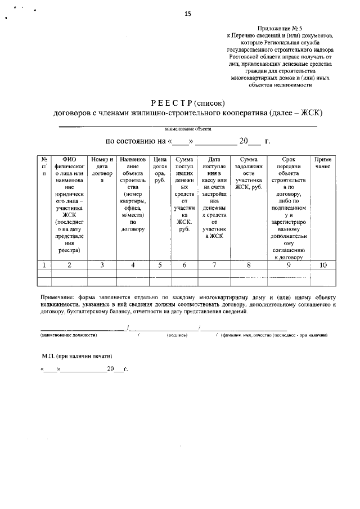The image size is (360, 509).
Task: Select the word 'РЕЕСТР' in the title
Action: coord(172,103)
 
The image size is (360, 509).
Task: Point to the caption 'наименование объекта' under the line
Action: coord(188,129)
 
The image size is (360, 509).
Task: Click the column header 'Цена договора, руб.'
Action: coord(159,170)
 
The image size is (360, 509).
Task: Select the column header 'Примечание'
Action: coord(323,163)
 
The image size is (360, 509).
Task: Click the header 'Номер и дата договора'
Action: coord(102,170)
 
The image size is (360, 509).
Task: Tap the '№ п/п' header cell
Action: coord(44,166)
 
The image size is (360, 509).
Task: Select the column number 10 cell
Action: coord(323,265)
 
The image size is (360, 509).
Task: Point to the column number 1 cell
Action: coord(44,265)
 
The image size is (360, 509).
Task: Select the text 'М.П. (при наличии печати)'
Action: coord(76,356)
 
